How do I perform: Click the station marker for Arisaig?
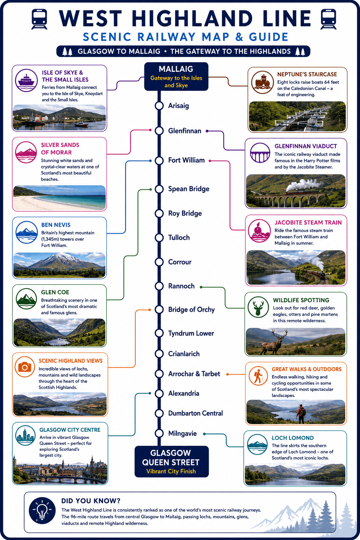(159, 105)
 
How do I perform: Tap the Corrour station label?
(180, 262)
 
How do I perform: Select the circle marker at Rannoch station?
(159, 286)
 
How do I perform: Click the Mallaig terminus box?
(176, 76)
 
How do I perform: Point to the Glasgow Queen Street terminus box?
(172, 461)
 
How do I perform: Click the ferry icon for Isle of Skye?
(26, 81)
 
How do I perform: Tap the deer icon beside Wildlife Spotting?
(258, 307)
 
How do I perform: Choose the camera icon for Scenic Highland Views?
(25, 367)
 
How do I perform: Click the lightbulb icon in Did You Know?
(42, 510)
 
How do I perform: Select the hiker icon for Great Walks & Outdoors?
(258, 376)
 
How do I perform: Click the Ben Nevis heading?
(56, 225)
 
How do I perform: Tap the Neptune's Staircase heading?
(307, 74)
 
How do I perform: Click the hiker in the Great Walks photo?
(301, 414)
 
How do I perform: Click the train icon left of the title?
(39, 19)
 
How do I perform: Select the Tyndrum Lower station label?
(191, 333)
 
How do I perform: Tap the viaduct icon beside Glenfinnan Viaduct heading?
(260, 153)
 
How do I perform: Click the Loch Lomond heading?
(293, 438)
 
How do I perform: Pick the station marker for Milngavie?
(159, 433)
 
